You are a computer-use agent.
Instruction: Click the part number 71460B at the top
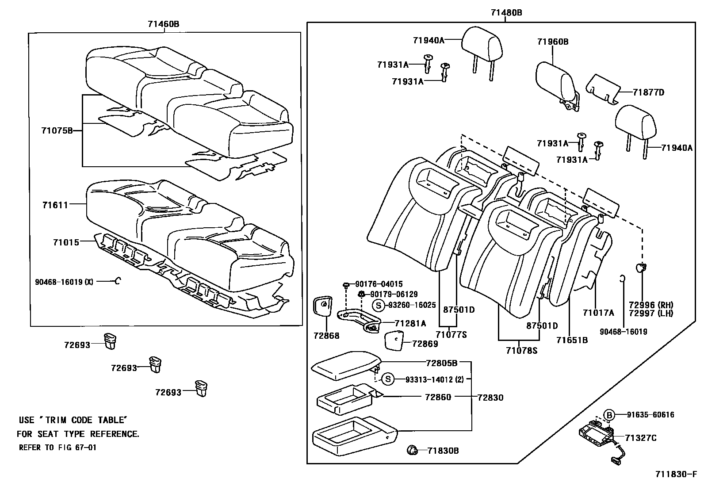[163, 24]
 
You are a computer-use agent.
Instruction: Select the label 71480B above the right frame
[506, 13]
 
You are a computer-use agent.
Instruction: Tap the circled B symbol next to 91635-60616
[609, 415]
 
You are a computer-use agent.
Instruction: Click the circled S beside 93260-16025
[378, 305]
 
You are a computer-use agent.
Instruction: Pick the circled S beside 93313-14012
[387, 379]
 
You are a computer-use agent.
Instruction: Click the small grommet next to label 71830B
[412, 451]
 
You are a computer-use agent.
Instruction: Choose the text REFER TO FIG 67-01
[57, 448]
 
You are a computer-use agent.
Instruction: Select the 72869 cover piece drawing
[394, 341]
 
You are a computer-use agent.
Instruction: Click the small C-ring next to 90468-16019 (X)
[118, 281]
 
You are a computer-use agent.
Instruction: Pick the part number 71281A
[410, 324]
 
